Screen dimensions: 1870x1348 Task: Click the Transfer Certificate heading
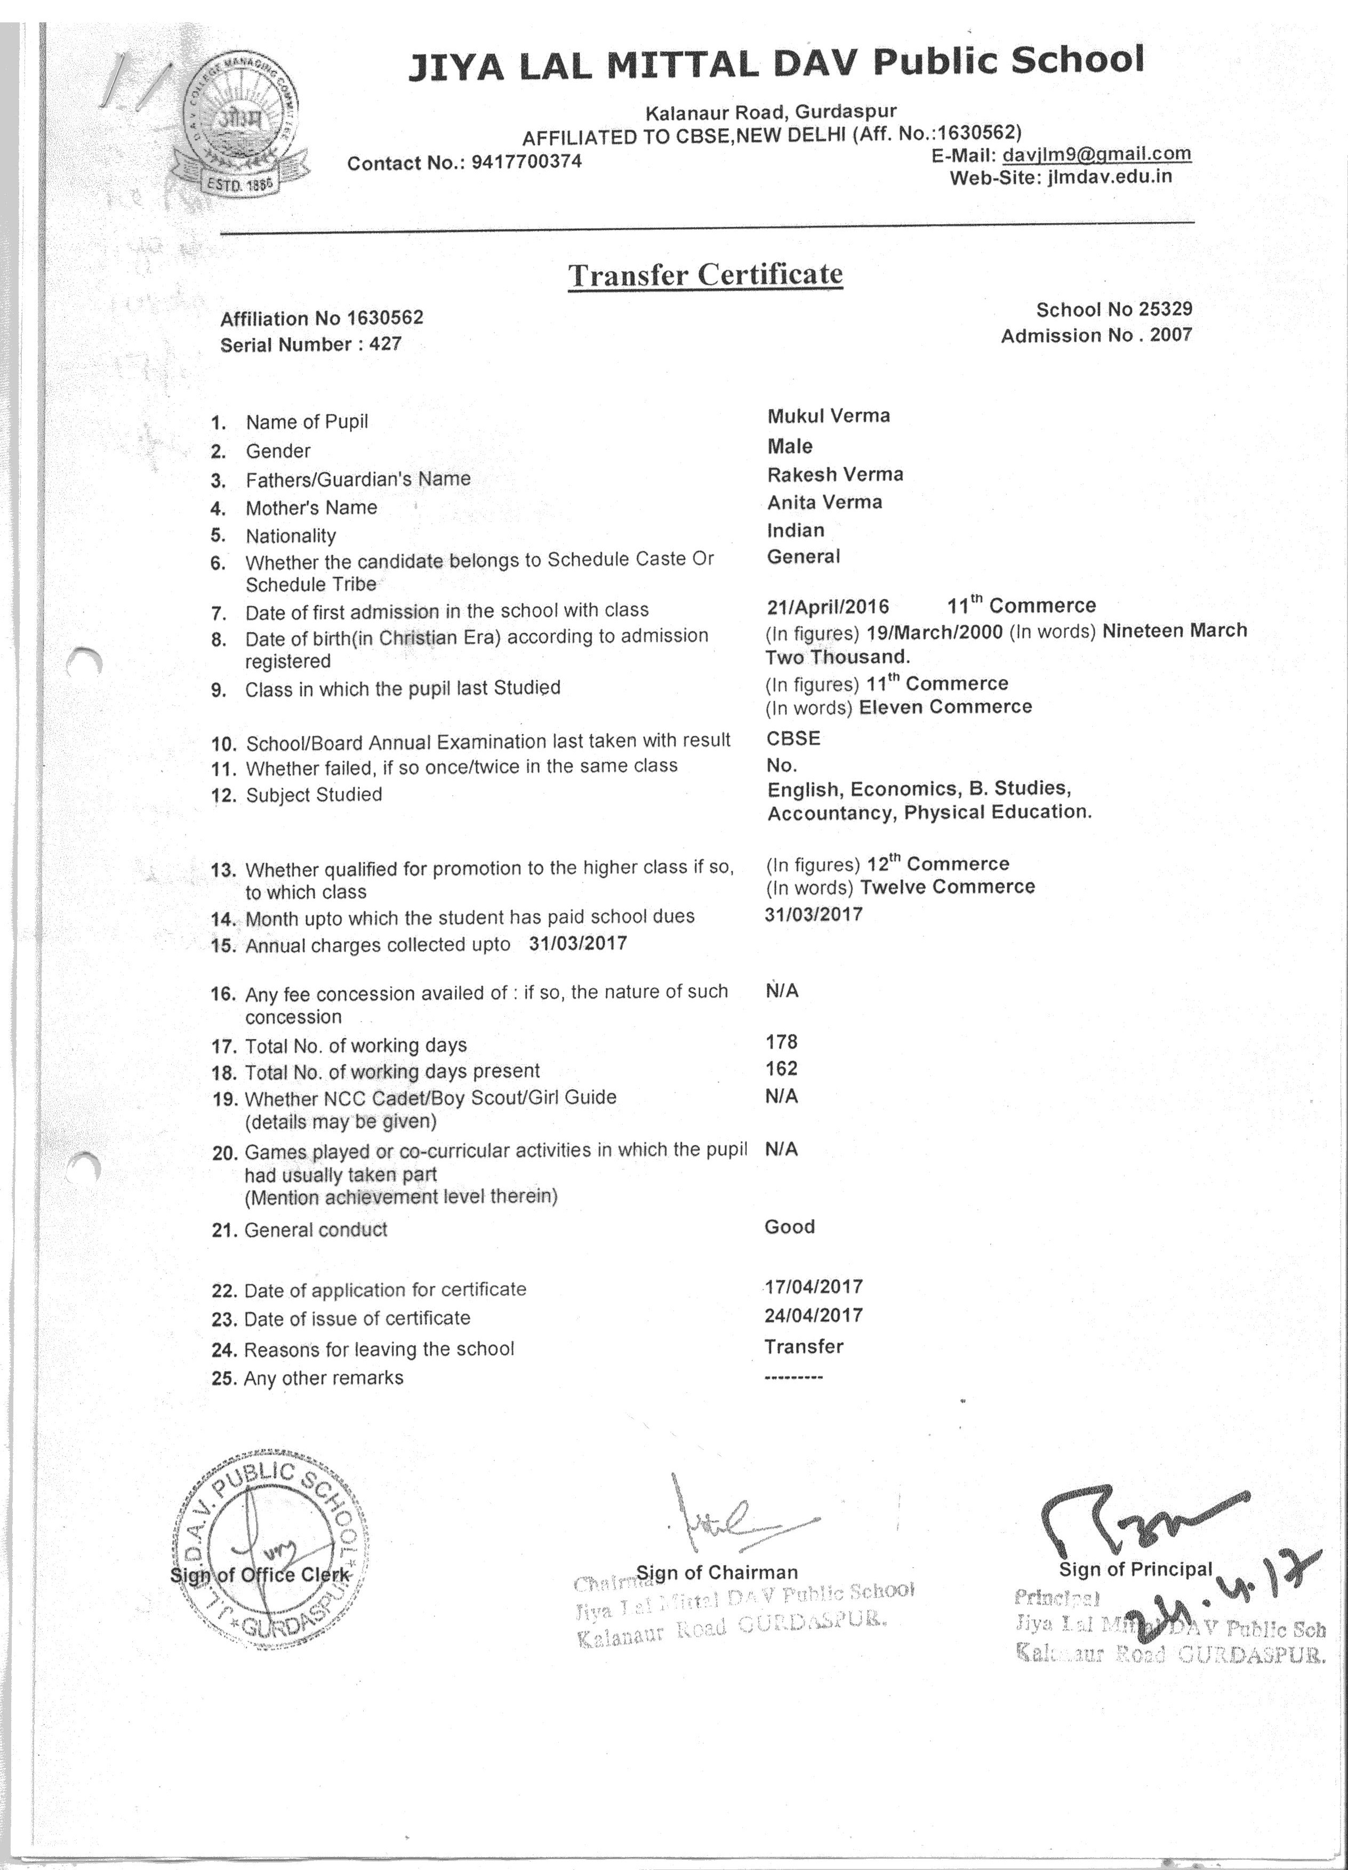coord(705,275)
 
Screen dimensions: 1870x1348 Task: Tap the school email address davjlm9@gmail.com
coord(1096,154)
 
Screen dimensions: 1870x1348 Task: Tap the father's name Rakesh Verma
coord(835,474)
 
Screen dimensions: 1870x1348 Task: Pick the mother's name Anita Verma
coord(824,502)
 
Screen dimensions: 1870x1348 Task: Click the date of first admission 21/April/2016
coord(828,607)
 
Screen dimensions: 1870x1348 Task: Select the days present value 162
coord(781,1069)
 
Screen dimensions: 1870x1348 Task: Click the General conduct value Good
coord(789,1226)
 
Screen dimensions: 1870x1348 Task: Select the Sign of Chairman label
coord(717,1572)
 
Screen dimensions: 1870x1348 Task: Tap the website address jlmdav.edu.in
coord(1109,176)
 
